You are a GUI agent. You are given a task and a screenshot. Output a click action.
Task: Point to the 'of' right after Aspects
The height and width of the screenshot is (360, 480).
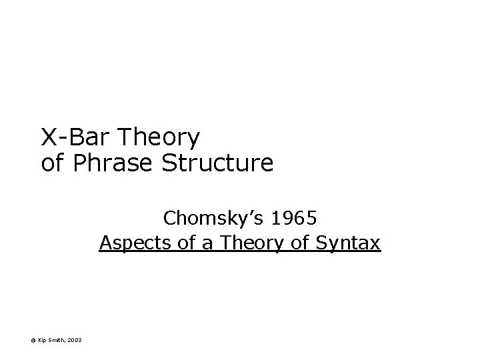pyautogui.click(x=188, y=243)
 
